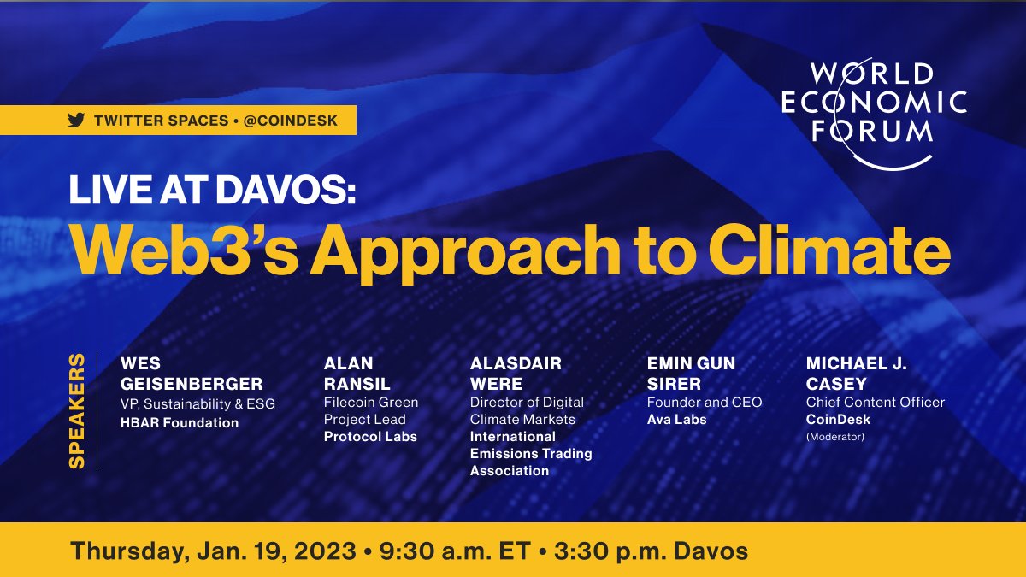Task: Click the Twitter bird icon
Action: point(77,121)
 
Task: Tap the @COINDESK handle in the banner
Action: point(291,121)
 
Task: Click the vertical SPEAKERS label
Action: point(77,409)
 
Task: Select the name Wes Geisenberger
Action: point(192,374)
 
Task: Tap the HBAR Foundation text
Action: point(180,423)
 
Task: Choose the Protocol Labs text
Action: point(370,437)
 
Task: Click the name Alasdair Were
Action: point(516,374)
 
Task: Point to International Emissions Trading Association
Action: point(530,454)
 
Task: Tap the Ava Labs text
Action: point(677,420)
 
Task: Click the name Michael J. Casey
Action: point(857,374)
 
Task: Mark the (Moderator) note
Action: point(835,437)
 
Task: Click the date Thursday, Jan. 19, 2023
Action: point(213,551)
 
